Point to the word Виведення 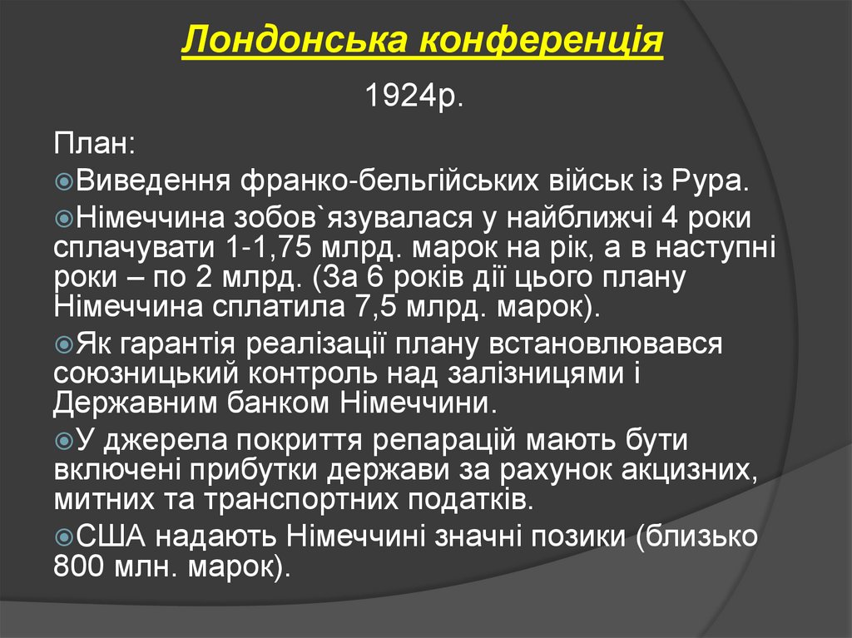(154, 181)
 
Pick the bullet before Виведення (64, 181)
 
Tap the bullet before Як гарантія (64, 344)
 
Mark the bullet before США (64, 537)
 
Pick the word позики (582, 537)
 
